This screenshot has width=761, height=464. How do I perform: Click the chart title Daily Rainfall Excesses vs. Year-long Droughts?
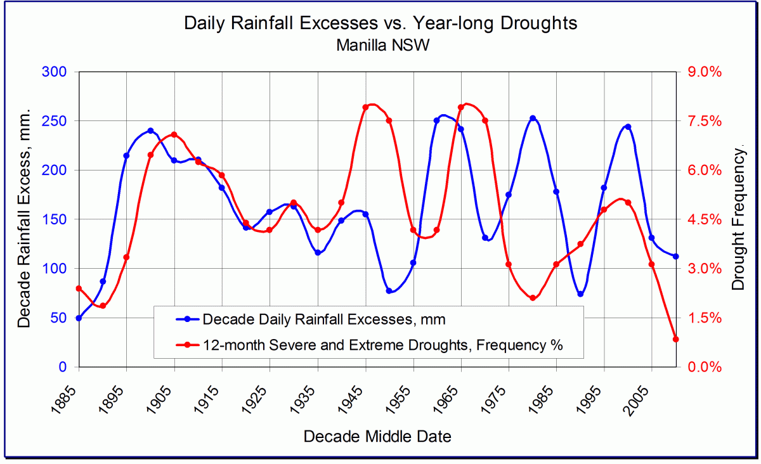click(x=380, y=23)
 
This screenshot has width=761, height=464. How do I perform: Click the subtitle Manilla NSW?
click(x=380, y=45)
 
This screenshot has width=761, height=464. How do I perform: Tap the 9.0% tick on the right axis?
click(x=704, y=72)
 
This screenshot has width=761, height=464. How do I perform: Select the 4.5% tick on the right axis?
click(x=704, y=219)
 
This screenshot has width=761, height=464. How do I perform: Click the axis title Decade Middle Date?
click(x=377, y=437)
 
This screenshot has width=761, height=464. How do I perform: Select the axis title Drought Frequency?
click(x=738, y=219)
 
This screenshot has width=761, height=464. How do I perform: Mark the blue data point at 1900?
click(x=150, y=131)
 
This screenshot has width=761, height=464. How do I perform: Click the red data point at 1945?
click(x=366, y=108)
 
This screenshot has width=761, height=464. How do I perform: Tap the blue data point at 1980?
click(x=533, y=119)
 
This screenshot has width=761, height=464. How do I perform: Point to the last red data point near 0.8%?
click(x=675, y=339)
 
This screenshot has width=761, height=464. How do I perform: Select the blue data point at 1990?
click(x=580, y=294)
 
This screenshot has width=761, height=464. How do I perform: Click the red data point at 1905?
click(x=174, y=134)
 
